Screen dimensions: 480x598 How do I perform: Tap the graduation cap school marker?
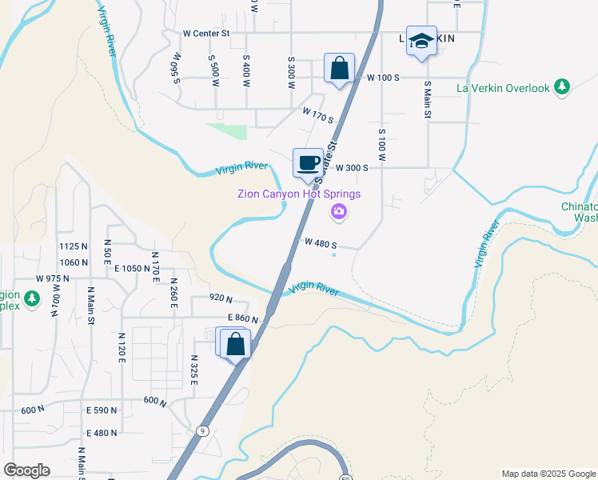(x=421, y=42)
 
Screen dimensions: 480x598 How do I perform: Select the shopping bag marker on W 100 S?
(x=339, y=69)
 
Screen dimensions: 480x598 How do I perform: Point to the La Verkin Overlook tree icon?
(x=563, y=87)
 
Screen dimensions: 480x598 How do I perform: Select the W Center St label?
(x=206, y=34)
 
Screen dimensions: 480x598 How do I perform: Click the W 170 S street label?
(x=317, y=116)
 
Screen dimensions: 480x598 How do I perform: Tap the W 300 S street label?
(x=352, y=168)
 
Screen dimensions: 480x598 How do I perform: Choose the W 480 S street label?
(x=321, y=243)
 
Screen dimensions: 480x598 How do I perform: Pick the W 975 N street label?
(x=54, y=278)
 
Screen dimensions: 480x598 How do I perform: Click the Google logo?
(x=26, y=470)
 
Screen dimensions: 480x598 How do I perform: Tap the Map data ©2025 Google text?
(x=548, y=474)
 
